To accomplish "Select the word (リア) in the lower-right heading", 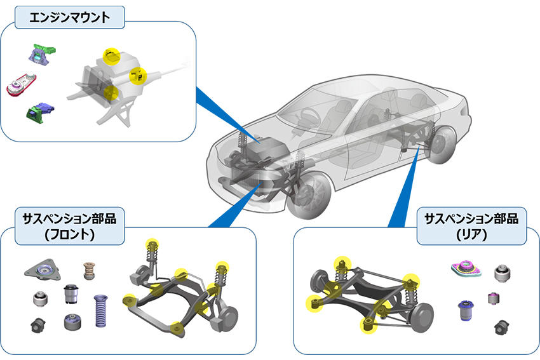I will tap(470, 235).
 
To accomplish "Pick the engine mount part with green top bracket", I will tap(43, 54).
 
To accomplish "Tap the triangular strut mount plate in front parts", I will tap(44, 271).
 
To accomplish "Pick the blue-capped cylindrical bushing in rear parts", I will tap(467, 310).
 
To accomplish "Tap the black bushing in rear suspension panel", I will tap(503, 326).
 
